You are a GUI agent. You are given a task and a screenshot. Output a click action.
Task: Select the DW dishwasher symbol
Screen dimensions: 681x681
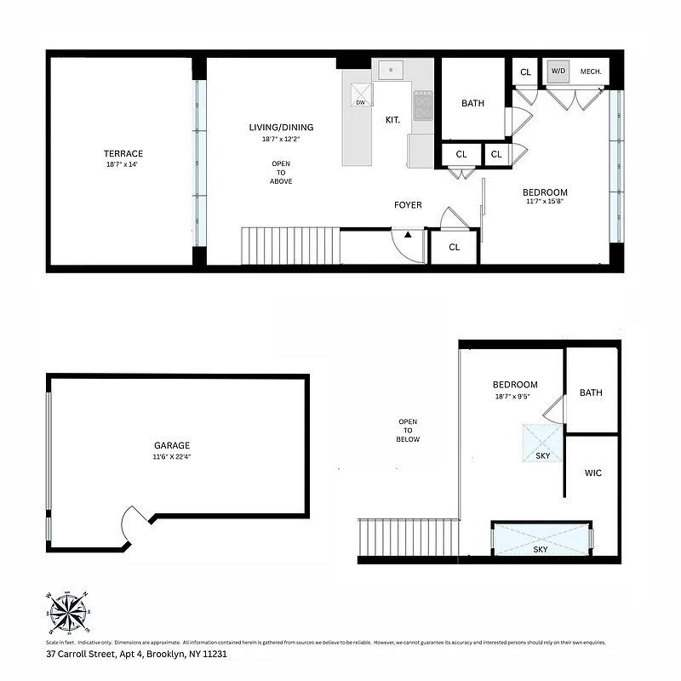coord(360,94)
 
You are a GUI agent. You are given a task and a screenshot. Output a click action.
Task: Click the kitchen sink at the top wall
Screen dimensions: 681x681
coord(392,69)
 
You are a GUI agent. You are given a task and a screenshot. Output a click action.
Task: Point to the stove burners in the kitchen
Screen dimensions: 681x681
coord(423,106)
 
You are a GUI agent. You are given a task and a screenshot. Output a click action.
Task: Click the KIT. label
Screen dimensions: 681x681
coord(392,120)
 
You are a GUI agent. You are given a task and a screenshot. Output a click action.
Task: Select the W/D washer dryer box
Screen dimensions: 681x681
coord(558,72)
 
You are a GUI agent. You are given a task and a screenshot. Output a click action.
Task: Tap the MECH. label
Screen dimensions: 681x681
coord(591,72)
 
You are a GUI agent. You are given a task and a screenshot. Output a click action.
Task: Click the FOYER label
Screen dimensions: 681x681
coord(408,205)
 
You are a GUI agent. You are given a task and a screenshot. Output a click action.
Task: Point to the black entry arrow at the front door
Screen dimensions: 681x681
coord(409,233)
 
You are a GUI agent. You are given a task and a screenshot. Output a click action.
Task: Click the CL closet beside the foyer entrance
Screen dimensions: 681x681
coord(454,247)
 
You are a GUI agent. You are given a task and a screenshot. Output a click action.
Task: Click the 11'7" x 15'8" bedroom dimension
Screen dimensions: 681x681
coord(545,203)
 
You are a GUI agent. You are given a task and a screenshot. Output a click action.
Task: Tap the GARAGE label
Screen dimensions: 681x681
coord(172,445)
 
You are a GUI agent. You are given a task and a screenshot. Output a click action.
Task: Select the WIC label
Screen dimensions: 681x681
coord(592,472)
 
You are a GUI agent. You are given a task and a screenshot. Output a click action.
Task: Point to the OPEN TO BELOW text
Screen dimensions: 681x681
coord(408,430)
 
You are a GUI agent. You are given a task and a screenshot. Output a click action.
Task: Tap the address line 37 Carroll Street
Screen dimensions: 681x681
coord(136,655)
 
